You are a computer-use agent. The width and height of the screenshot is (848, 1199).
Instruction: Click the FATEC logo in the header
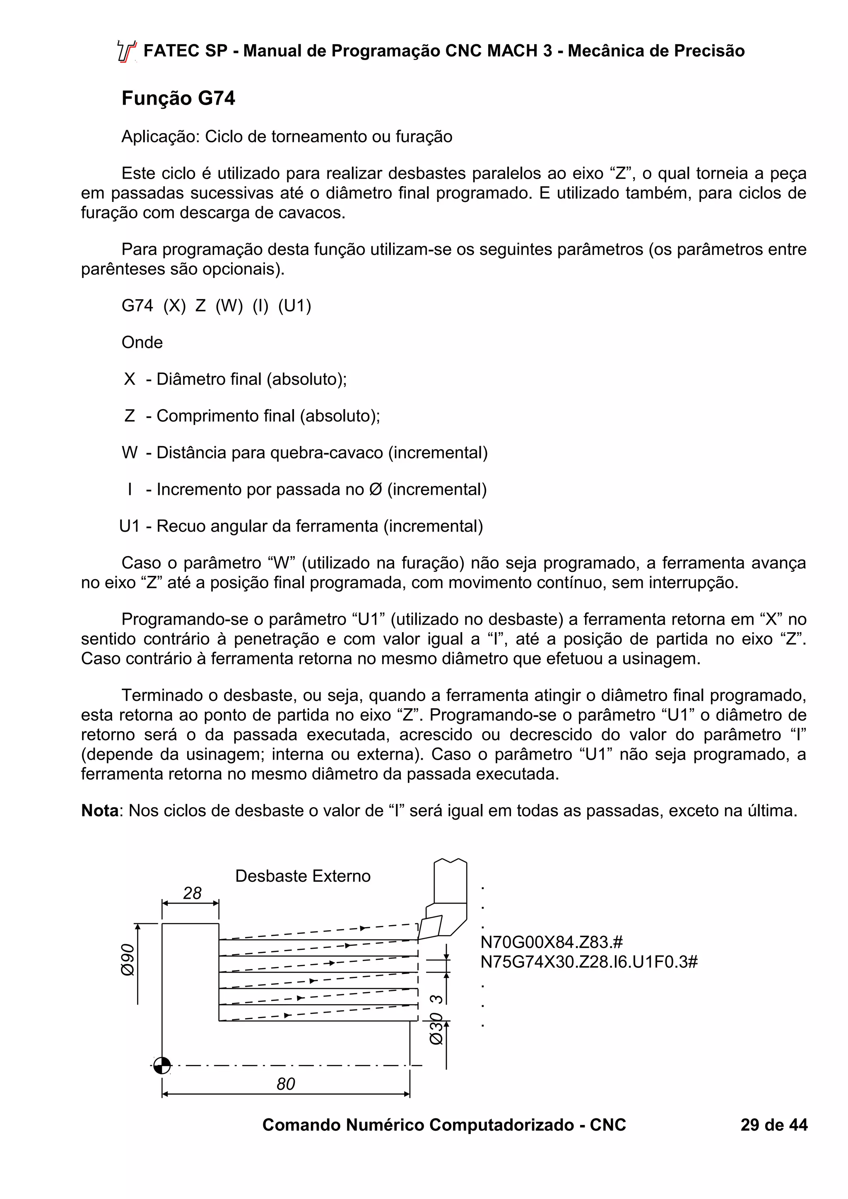[126, 51]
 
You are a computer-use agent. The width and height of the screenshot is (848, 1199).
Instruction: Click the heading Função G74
[178, 98]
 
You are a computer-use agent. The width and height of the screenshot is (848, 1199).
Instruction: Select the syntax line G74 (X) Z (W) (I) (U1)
[216, 305]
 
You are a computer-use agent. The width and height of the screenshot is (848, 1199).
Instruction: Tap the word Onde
[142, 342]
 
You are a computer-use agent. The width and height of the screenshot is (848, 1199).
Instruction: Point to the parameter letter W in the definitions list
[130, 452]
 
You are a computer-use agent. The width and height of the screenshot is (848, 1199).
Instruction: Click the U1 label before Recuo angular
[130, 526]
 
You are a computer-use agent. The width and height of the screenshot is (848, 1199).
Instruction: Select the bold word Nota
[100, 811]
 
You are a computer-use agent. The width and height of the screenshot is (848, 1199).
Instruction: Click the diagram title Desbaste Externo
[303, 876]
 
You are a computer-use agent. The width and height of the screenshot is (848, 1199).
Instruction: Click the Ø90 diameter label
[128, 960]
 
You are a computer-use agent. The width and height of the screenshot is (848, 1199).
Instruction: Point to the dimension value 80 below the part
[286, 1084]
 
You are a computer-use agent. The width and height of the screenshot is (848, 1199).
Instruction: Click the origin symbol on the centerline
[162, 1065]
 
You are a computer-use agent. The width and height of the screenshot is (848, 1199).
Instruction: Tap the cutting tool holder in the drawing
[449, 898]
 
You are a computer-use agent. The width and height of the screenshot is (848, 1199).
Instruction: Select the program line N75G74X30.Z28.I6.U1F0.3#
[589, 962]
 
